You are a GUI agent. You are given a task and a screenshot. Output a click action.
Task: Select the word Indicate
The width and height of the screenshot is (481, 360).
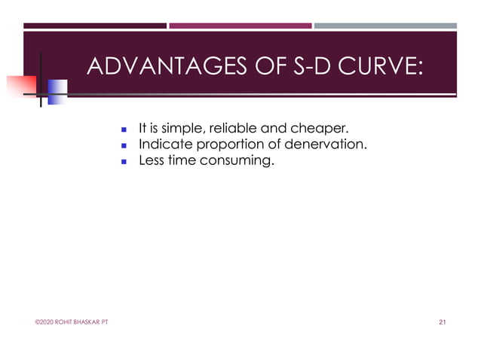click(163, 144)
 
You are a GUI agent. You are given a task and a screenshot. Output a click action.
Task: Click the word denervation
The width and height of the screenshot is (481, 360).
click(320, 144)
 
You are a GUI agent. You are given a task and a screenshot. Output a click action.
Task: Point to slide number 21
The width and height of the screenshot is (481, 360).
click(443, 323)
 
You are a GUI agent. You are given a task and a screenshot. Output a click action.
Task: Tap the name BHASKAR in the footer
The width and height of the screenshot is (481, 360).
click(87, 323)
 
